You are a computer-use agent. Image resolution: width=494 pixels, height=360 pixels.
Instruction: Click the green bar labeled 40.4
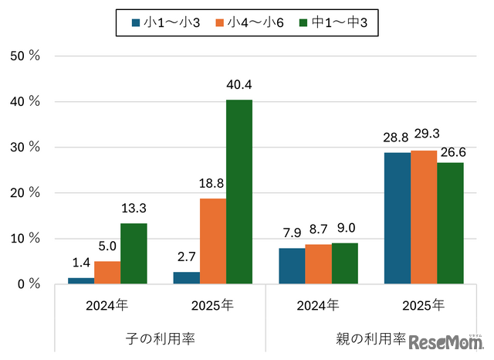pos(239,192)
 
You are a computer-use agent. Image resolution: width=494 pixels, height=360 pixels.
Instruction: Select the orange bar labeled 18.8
pos(212,241)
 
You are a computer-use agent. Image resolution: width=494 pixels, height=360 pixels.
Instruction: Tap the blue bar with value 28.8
pos(398,218)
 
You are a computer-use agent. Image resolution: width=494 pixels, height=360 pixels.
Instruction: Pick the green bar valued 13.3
pos(134,253)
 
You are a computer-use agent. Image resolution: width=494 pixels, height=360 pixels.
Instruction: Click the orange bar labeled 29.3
pos(424,217)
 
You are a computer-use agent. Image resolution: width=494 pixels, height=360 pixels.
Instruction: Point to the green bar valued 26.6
pos(450,223)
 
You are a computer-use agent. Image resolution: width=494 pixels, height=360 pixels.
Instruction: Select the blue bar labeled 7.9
pos(292,266)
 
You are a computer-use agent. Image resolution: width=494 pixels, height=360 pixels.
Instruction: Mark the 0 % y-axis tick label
pos(29,284)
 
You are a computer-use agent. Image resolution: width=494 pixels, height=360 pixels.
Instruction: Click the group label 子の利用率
pos(160,338)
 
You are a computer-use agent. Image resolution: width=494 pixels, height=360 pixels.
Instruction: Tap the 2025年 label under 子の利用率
pos(212,305)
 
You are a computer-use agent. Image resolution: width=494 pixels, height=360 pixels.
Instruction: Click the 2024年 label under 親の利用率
pos(318,305)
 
